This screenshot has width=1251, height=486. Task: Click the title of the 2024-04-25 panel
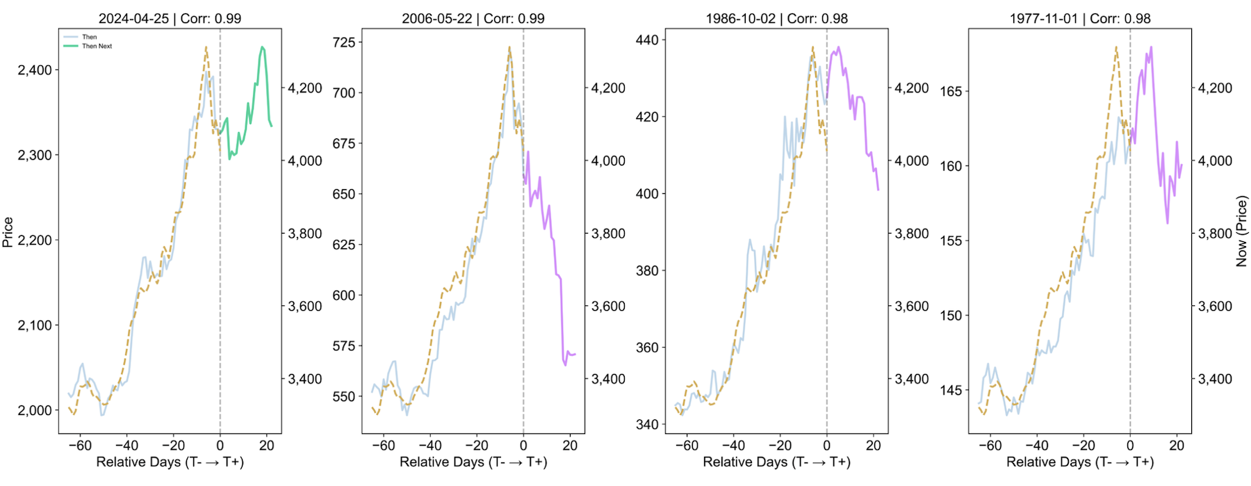point(170,19)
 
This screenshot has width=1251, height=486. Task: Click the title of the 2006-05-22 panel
point(473,19)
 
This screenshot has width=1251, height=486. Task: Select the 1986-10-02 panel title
point(776,19)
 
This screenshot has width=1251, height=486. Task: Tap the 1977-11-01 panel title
point(1079,19)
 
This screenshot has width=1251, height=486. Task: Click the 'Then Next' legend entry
point(97,46)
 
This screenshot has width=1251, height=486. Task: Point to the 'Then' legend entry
point(89,37)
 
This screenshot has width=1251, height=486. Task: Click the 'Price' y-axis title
point(8,232)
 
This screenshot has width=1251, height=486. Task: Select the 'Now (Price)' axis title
point(1241,231)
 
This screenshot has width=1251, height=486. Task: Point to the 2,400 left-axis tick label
point(35,70)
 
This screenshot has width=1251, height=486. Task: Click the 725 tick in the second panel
point(343,42)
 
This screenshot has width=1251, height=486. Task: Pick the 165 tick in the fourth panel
point(951,91)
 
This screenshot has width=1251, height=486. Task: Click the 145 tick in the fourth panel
point(951,390)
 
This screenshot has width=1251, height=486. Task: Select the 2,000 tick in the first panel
point(35,410)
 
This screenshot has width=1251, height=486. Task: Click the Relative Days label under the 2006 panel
point(473,462)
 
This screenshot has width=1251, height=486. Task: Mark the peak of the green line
point(262,47)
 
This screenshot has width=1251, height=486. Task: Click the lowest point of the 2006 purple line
point(565,364)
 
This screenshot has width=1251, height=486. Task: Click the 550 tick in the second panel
point(343,397)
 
